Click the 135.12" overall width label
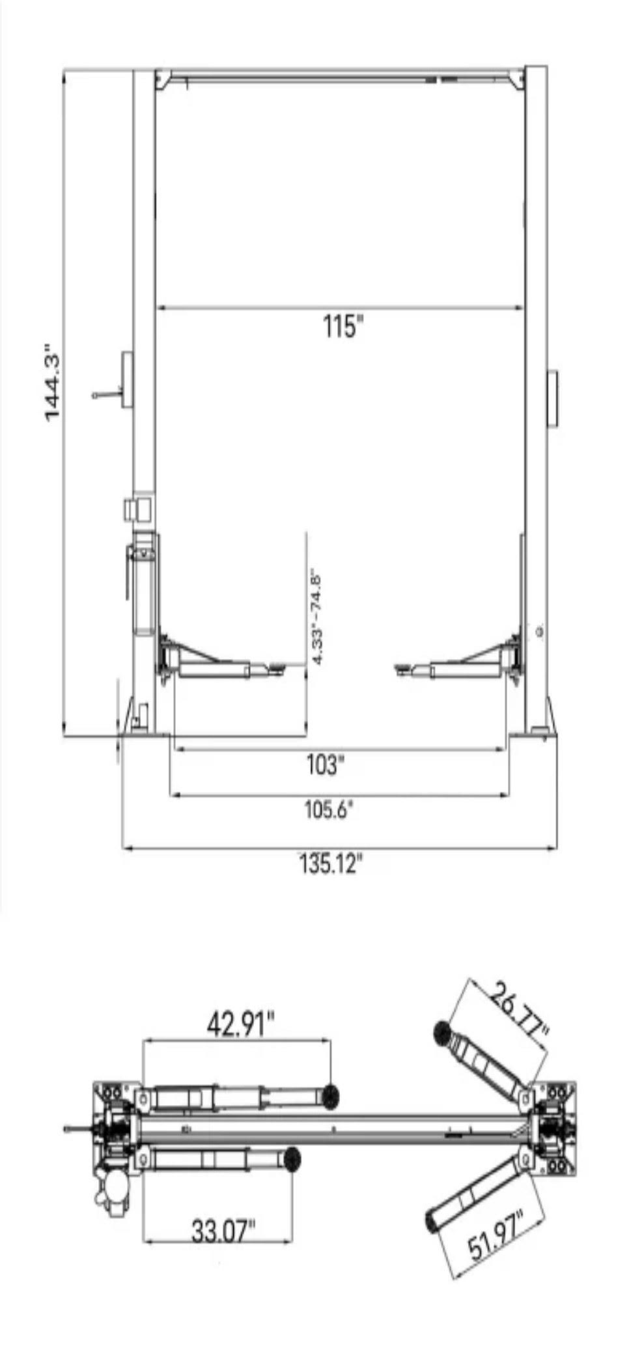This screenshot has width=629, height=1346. point(329,864)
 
